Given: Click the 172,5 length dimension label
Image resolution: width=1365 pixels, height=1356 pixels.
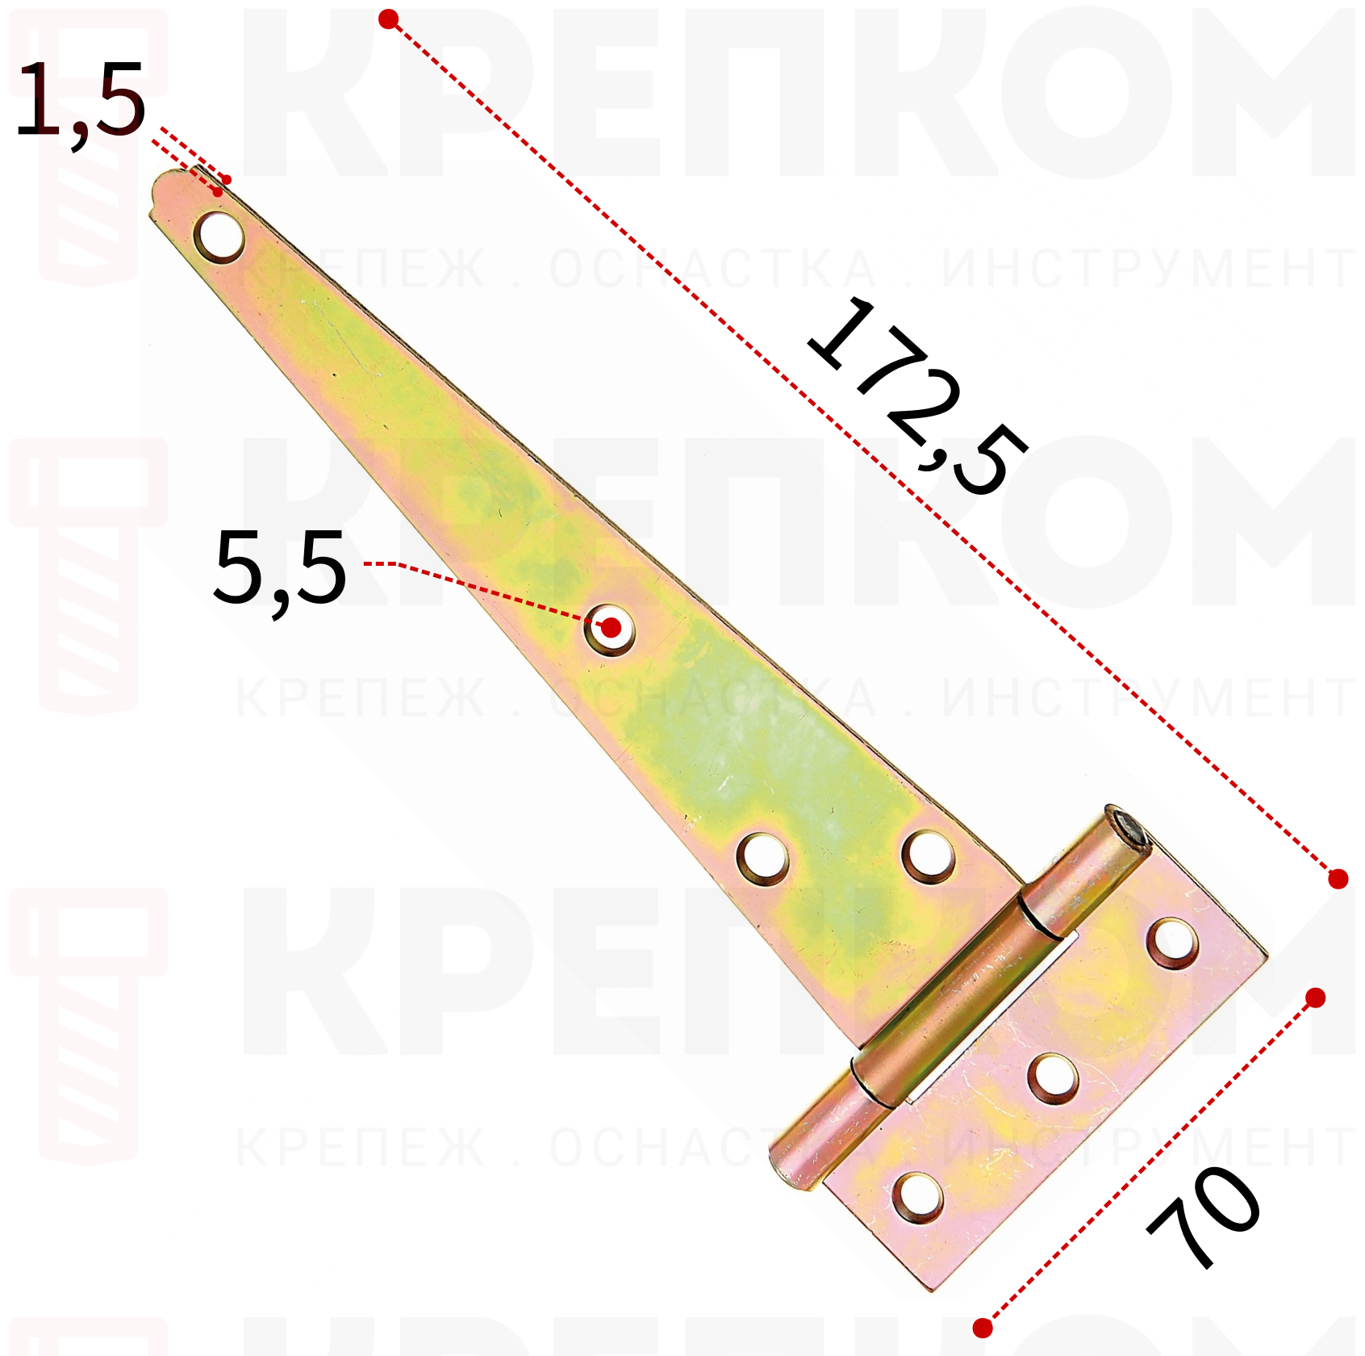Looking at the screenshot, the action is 917,395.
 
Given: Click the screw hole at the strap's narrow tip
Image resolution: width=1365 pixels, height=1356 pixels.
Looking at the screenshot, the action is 219,236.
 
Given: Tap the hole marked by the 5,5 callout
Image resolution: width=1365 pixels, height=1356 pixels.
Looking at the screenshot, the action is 610,628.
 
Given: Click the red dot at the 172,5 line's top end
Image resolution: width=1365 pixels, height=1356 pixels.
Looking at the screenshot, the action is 389,19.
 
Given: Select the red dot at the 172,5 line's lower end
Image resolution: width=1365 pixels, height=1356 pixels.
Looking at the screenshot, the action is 1338,879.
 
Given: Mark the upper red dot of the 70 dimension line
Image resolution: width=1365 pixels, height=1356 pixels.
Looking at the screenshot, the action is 1315,998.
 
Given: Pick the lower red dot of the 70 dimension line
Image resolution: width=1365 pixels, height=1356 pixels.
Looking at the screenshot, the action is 982,1328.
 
